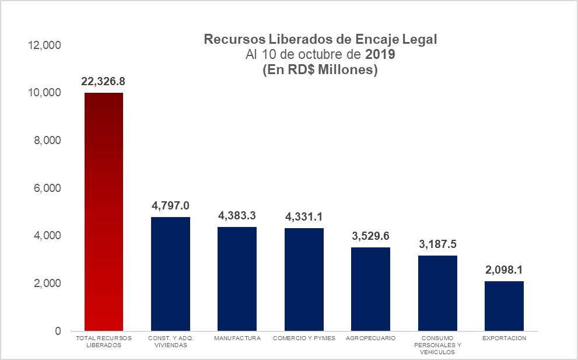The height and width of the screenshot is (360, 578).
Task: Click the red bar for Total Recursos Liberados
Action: click(x=104, y=212)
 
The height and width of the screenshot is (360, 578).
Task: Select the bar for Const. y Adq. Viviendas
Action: click(x=170, y=274)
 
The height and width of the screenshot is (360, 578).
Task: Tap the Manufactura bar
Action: click(x=237, y=278)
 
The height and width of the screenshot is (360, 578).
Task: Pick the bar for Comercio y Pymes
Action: click(x=304, y=279)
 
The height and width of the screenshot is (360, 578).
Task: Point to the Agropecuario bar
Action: click(x=370, y=289)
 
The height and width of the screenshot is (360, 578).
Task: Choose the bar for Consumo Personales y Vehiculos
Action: click(x=437, y=293)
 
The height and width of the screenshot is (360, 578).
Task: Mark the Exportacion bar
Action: click(x=504, y=306)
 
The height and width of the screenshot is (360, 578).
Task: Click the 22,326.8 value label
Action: click(x=104, y=81)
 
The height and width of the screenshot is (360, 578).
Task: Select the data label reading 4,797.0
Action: click(x=170, y=205)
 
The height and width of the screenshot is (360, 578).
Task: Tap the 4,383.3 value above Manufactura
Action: click(x=237, y=215)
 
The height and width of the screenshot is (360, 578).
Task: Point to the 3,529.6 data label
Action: click(x=370, y=236)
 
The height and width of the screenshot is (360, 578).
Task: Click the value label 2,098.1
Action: click(x=504, y=270)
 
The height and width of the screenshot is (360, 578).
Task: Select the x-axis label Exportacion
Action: click(x=504, y=338)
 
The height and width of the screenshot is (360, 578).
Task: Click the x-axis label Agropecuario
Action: click(x=370, y=338)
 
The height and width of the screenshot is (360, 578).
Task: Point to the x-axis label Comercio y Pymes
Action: click(x=304, y=338)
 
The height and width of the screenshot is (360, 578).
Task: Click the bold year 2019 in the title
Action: click(x=380, y=55)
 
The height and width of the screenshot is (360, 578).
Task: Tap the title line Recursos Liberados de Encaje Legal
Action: click(x=320, y=40)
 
